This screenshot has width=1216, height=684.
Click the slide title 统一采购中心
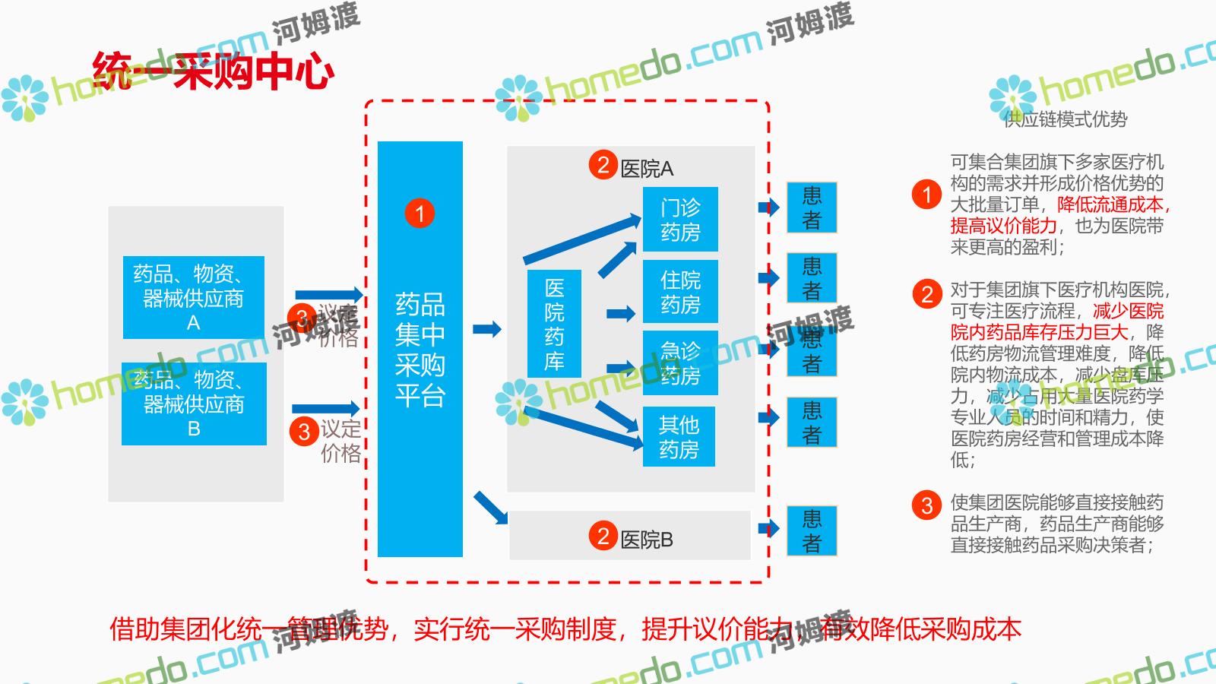214,71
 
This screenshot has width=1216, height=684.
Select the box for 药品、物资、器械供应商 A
194,297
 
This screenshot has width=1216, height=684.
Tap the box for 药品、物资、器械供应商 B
194,404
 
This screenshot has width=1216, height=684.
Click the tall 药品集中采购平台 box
420,350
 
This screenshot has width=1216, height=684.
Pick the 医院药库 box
554,324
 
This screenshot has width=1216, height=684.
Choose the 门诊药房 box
680,219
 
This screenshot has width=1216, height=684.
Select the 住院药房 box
680,292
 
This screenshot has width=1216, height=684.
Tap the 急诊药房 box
680,363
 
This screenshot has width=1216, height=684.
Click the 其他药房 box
679,437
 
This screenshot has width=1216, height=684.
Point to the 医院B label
647,540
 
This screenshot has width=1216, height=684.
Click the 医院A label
647,169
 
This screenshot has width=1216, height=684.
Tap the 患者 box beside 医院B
812,530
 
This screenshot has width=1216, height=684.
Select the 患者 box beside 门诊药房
812,207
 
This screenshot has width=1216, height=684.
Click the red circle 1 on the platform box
420,214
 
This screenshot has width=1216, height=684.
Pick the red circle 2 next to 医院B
603,536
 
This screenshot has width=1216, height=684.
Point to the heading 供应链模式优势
1065,119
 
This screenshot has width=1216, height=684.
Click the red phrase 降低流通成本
1110,204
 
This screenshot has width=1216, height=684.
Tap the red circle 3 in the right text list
926,505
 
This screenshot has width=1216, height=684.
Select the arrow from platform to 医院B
491,508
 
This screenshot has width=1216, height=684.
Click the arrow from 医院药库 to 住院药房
621,313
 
